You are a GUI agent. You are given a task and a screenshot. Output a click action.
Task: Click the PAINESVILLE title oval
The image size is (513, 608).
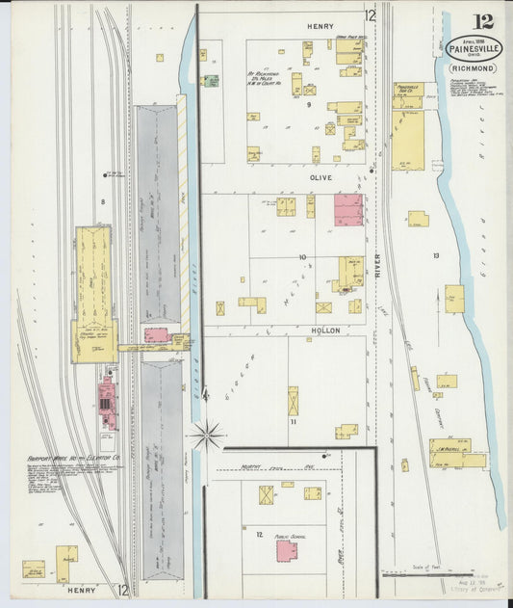(x=474, y=48)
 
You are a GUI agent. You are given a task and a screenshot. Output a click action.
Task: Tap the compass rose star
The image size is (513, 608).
(x=206, y=436)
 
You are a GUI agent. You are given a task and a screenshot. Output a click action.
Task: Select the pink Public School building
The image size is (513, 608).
(x=287, y=550)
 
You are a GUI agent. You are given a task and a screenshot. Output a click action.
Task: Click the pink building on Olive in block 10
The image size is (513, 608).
(x=347, y=210)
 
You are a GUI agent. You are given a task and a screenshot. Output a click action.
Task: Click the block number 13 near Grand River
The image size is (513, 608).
(x=435, y=255)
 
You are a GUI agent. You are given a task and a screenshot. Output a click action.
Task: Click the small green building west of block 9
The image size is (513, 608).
(x=210, y=81)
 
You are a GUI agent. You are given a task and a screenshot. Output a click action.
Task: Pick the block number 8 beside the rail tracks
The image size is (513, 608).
(x=102, y=201)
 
